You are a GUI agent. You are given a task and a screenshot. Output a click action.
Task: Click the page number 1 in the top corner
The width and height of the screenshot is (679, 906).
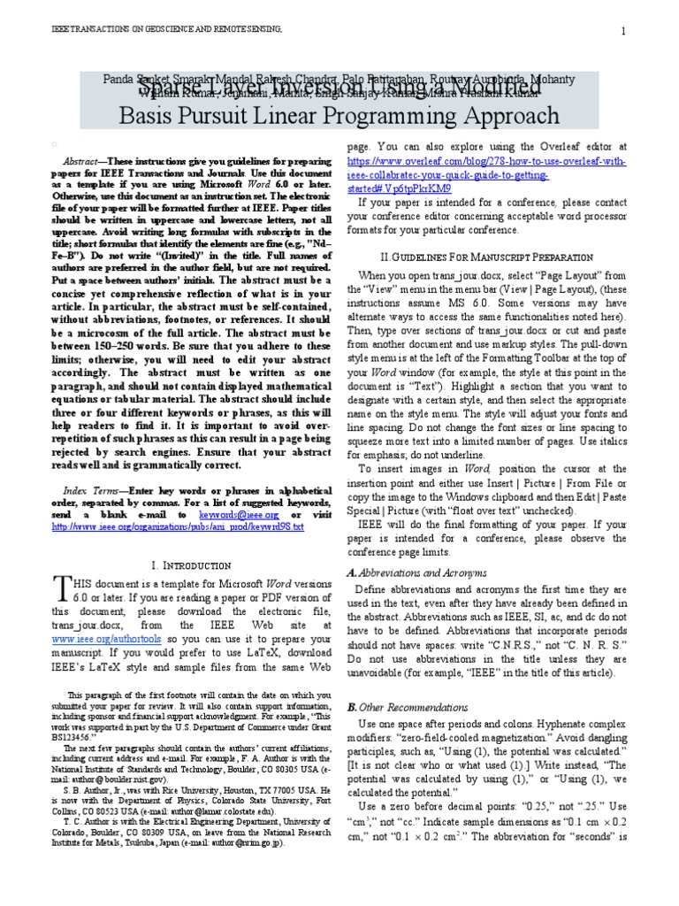[x=623, y=32]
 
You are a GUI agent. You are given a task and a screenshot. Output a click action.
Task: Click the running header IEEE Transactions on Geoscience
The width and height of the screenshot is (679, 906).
[x=168, y=30]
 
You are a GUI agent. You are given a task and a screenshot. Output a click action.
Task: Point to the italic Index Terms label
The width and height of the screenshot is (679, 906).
[x=91, y=489]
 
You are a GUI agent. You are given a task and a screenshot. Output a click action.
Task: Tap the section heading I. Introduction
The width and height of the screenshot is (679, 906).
[x=192, y=564]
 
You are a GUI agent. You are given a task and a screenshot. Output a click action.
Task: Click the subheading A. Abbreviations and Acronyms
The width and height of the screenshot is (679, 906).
[x=416, y=572]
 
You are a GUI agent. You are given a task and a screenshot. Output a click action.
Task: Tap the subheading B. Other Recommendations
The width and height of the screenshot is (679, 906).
[x=415, y=707]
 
